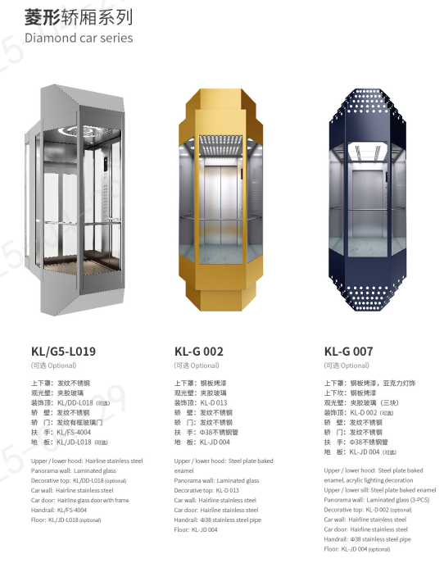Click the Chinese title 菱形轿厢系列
(x=79, y=17)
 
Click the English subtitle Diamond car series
(x=79, y=38)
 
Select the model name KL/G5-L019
(x=63, y=351)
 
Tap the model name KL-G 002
(x=198, y=351)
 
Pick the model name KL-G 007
(x=348, y=351)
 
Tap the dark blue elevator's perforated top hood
(x=367, y=103)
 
